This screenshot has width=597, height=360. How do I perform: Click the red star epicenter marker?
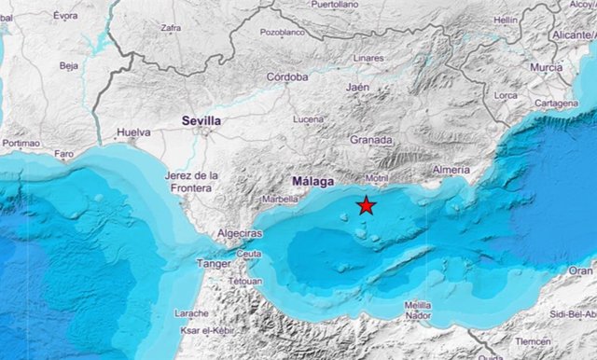(x=367, y=206)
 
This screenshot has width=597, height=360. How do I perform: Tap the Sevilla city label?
(x=201, y=120)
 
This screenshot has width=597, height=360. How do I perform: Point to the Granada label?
(x=370, y=139)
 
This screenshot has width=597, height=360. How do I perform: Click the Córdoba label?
(x=287, y=77)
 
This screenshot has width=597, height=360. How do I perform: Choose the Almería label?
(x=451, y=171)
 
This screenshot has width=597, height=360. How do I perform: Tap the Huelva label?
(x=133, y=132)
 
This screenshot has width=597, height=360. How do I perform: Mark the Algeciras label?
(x=239, y=232)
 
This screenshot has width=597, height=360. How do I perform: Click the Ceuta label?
(x=249, y=253)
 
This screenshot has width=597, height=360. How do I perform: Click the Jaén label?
(x=357, y=87)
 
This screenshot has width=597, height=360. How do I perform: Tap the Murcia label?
(x=546, y=67)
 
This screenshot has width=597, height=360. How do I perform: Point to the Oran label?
(x=580, y=270)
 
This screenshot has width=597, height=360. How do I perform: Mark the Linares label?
(x=368, y=58)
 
